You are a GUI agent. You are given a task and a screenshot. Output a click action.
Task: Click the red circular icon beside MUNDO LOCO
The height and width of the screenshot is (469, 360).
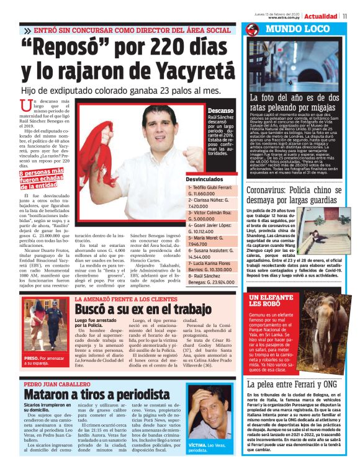pos(252,30)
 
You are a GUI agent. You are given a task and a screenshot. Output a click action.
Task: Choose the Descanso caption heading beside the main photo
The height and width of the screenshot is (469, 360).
pos(221,110)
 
